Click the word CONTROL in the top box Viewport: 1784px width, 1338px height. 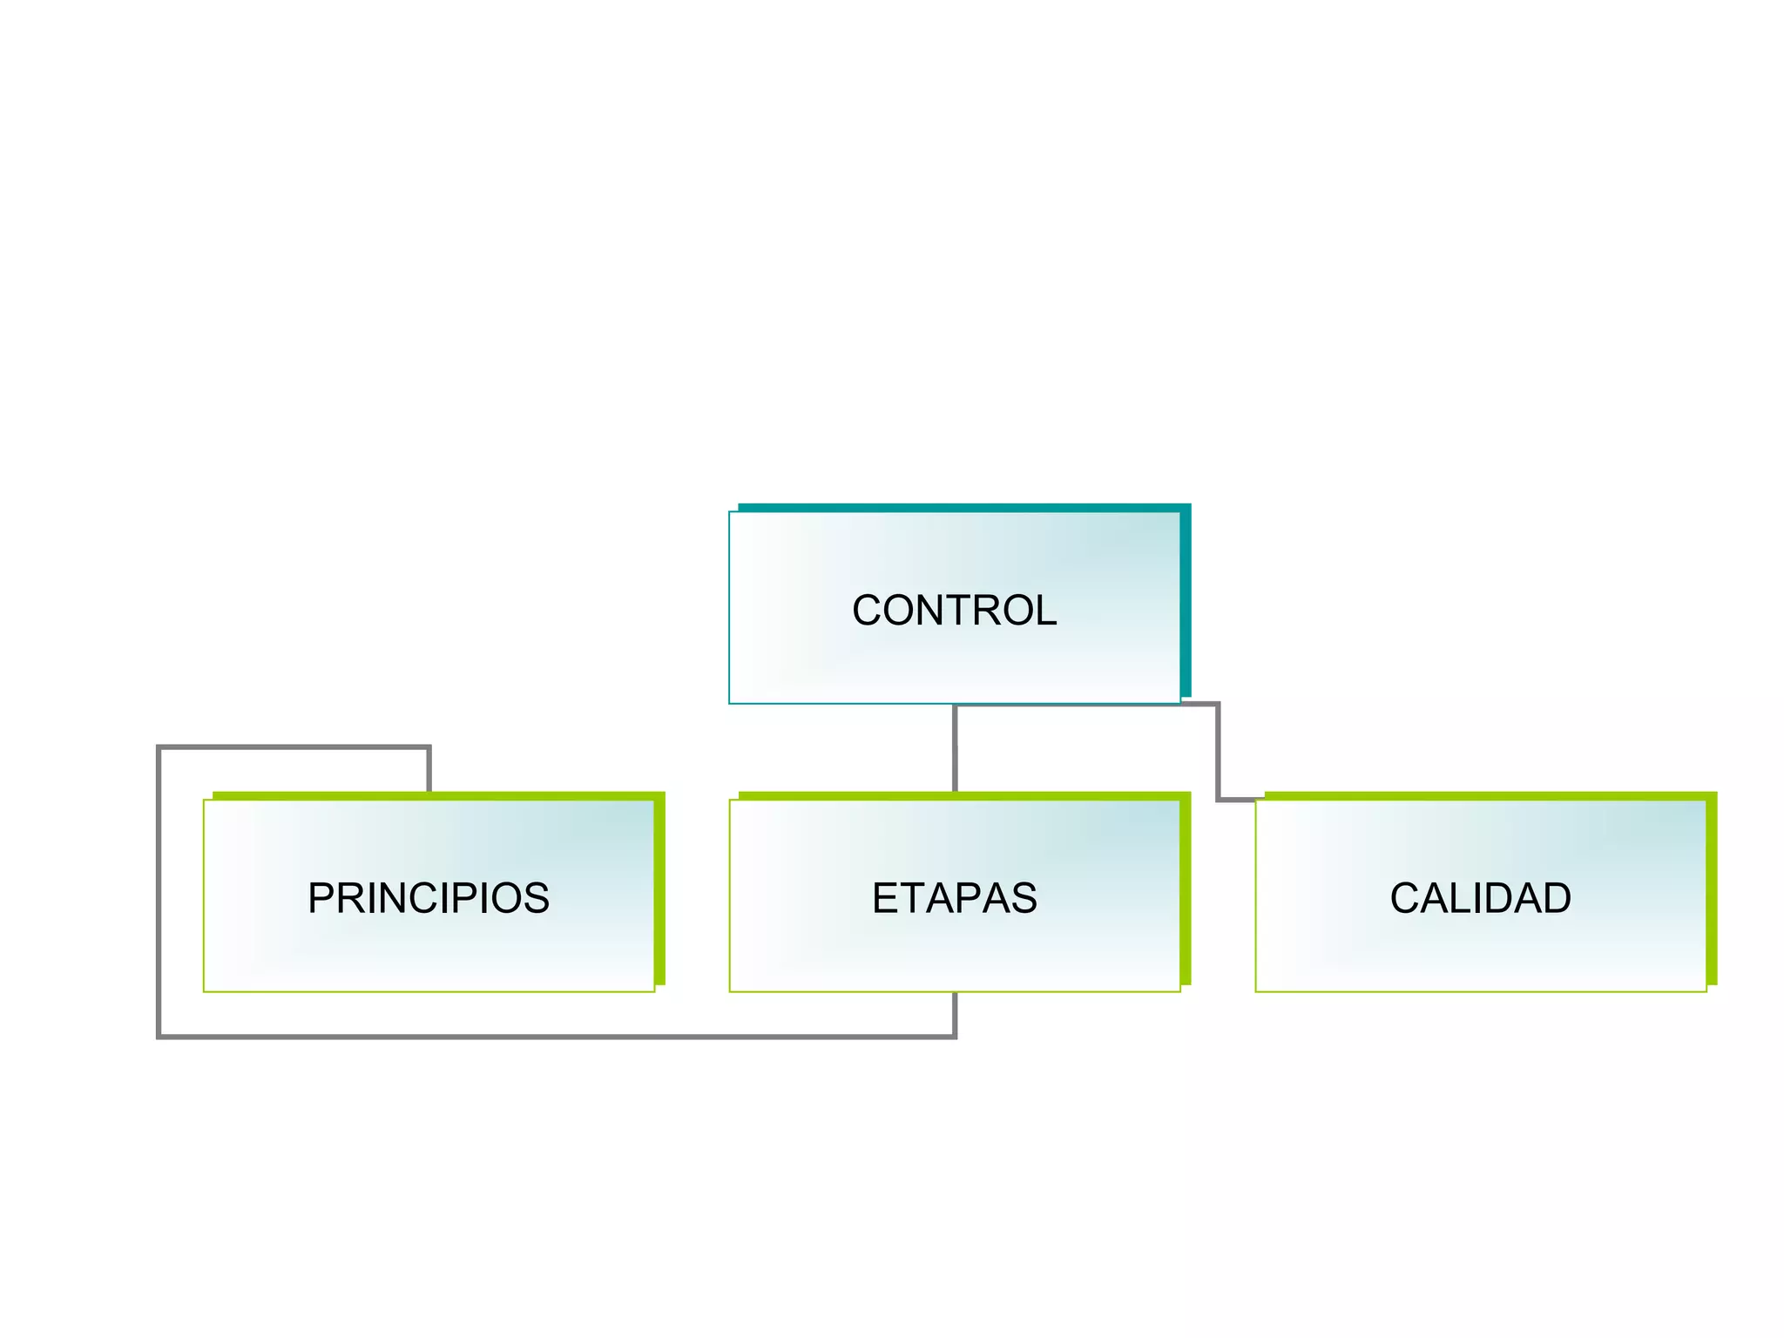click(x=954, y=611)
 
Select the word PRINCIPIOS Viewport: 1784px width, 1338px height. click(x=429, y=898)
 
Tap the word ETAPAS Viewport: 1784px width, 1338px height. click(x=954, y=898)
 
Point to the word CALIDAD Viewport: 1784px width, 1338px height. click(x=1480, y=898)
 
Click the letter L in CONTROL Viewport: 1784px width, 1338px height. click(x=1046, y=611)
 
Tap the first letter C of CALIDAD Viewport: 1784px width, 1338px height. click(x=1407, y=898)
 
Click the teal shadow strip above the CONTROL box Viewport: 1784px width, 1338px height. click(x=958, y=507)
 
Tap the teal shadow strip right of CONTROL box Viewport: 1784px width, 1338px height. click(x=1186, y=601)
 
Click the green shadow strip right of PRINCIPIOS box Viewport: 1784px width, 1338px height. click(x=659, y=889)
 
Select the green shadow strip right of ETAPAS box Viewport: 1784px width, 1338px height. click(x=1186, y=889)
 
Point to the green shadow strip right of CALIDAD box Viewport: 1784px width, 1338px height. click(x=1712, y=889)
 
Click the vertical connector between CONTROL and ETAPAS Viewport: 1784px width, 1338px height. click(x=956, y=749)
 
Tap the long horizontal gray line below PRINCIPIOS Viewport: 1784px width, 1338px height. click(x=557, y=1037)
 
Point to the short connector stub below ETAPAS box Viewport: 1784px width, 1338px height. click(x=956, y=1014)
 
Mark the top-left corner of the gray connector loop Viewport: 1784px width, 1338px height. click(x=159, y=747)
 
